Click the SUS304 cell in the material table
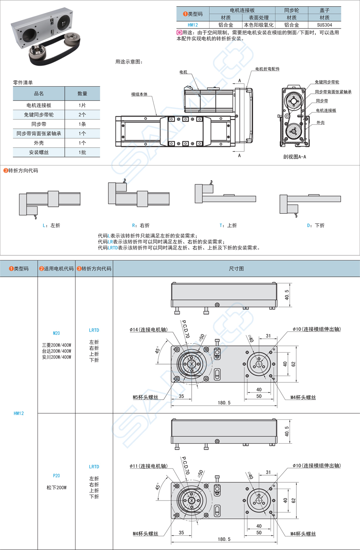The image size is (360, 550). [x=324, y=25]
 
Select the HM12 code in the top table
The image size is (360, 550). [x=193, y=25]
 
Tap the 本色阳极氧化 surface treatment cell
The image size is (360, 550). [x=259, y=25]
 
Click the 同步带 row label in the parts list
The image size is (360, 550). [x=39, y=124]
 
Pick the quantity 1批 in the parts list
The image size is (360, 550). [x=82, y=152]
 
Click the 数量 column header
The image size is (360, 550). [x=82, y=94]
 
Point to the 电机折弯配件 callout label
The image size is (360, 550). [x=267, y=69]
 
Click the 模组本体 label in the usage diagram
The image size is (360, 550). [x=139, y=94]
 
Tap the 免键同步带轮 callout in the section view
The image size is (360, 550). [x=327, y=82]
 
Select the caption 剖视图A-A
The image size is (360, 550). [x=294, y=157]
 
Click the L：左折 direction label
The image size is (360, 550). [x=51, y=226]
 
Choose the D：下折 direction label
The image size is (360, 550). [x=316, y=226]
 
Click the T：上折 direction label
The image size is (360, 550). [x=228, y=226]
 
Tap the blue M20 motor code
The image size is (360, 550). [x=57, y=333]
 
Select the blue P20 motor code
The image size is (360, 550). [x=57, y=476]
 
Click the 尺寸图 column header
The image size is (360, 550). [x=236, y=269]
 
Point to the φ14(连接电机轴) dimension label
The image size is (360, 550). [x=148, y=330]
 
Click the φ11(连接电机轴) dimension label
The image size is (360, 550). [x=148, y=466]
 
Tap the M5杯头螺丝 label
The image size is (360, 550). [x=145, y=397]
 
